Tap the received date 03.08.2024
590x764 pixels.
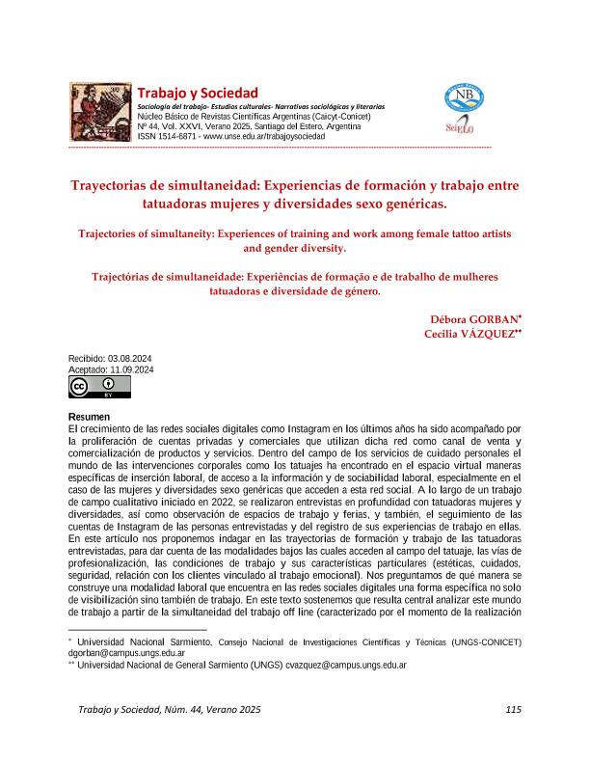[130, 359]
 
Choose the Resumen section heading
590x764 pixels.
[90, 417]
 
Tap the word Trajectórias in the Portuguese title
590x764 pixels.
[129, 276]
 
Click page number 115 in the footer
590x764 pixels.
[512, 710]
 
